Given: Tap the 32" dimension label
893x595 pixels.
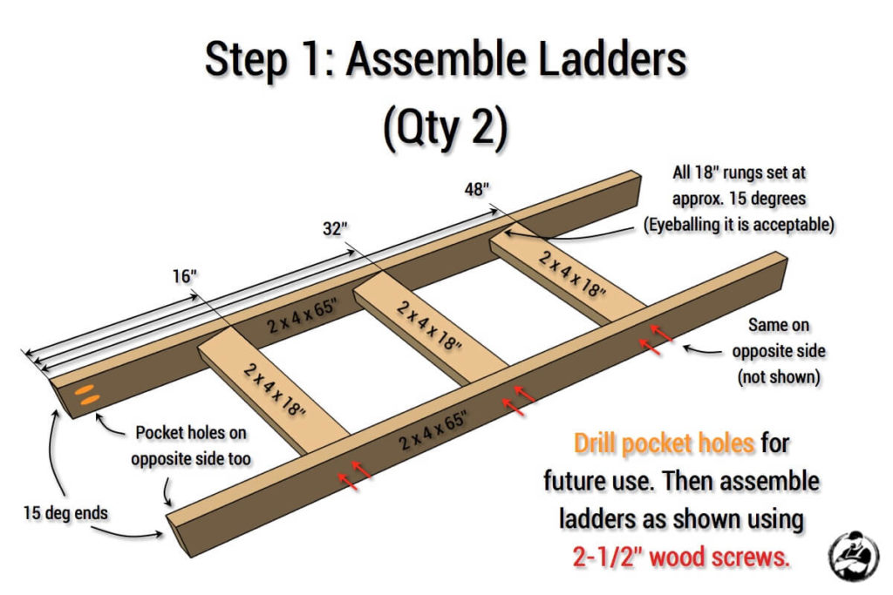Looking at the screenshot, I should tap(335, 228).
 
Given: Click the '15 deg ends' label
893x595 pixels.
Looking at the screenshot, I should tap(65, 512).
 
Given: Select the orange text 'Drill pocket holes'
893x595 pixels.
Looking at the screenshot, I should tap(664, 443).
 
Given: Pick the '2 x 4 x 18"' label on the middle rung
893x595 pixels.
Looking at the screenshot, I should tap(429, 324).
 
